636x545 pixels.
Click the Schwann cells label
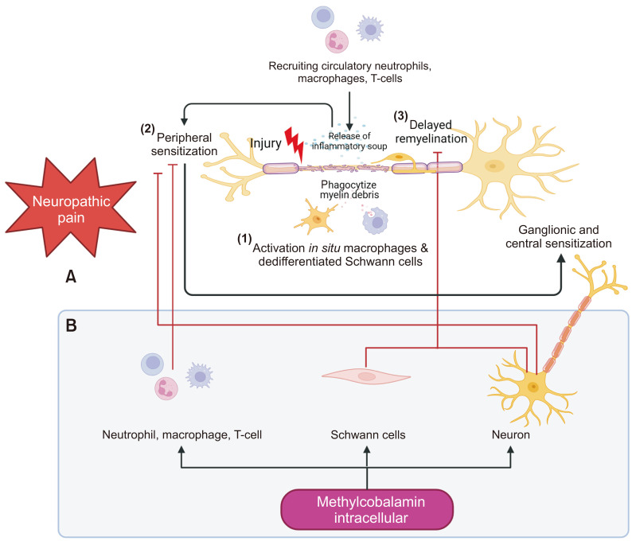pos(367,435)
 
